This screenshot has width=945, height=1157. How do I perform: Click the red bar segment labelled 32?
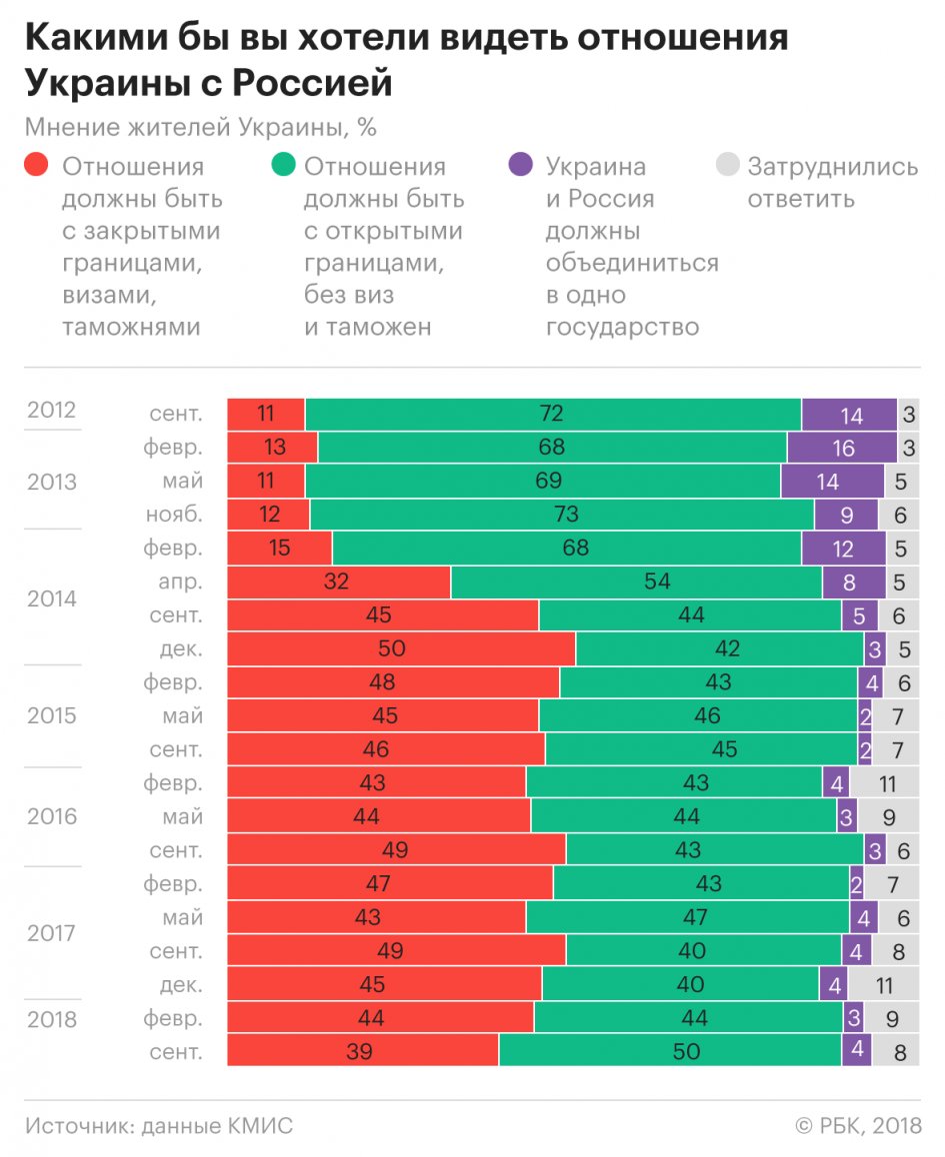click(339, 581)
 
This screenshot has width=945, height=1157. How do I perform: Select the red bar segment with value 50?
click(401, 648)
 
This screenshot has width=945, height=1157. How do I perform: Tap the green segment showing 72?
click(553, 414)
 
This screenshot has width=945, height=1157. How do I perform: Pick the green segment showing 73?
click(561, 515)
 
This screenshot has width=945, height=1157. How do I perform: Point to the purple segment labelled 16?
click(842, 448)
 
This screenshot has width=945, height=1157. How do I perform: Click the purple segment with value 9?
click(846, 515)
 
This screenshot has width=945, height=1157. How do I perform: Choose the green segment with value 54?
click(636, 581)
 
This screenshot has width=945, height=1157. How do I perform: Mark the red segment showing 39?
click(363, 1051)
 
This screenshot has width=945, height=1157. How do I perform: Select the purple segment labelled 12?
click(843, 549)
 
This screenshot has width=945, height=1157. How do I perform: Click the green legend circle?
click(282, 165)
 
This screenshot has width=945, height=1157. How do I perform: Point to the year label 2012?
click(52, 412)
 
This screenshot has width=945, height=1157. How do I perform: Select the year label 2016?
click(52, 816)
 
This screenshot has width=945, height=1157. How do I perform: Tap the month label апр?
click(180, 581)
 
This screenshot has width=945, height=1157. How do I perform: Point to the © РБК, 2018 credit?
click(858, 1126)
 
